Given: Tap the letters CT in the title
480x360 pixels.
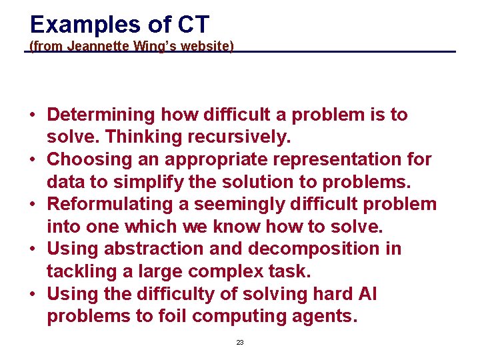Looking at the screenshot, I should click(193, 25).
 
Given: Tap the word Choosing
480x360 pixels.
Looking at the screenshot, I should click(90, 159).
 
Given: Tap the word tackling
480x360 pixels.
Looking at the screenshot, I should click(79, 271).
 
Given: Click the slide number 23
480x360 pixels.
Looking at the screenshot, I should click(240, 342).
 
